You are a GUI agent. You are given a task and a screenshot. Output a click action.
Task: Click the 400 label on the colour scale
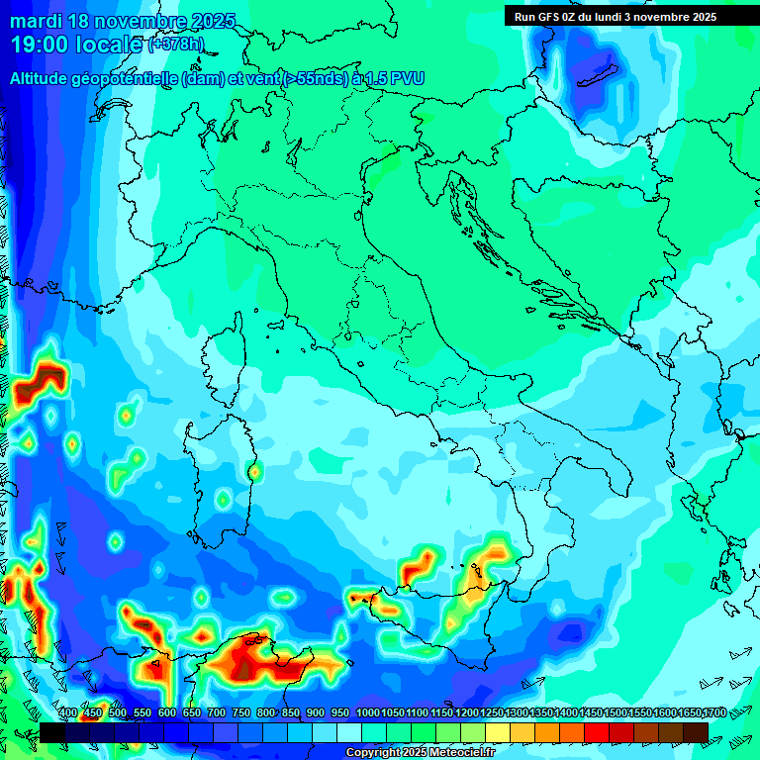[x=68, y=712]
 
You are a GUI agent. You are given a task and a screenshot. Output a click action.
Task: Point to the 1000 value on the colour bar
[x=368, y=712]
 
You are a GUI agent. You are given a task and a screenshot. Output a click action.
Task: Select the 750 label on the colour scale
[x=241, y=712]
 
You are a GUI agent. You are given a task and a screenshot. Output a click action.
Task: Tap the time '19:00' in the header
[x=46, y=45]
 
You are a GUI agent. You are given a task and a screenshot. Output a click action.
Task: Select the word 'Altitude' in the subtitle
[x=45, y=77]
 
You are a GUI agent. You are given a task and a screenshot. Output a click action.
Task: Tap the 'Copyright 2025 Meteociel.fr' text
[x=420, y=753]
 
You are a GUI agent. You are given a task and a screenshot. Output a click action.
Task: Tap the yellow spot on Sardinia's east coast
[x=254, y=473]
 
